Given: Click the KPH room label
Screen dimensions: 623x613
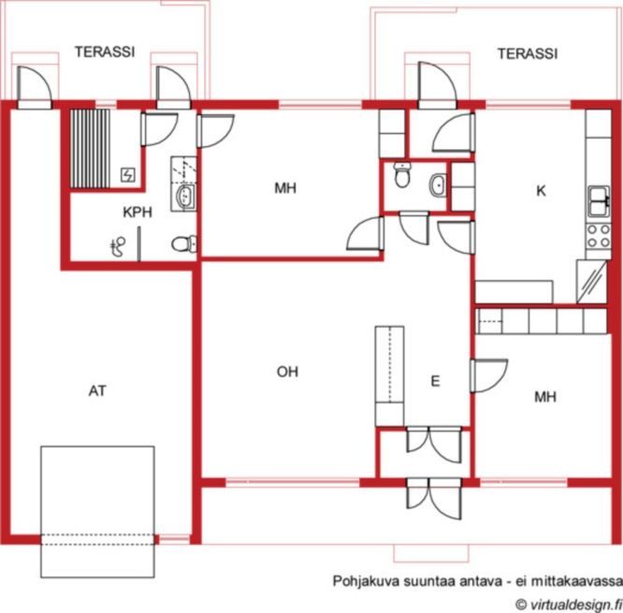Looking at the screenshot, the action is (138, 212).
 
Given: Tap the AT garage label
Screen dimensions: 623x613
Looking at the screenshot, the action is (97, 391).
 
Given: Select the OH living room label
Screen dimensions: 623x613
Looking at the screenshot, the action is (287, 372).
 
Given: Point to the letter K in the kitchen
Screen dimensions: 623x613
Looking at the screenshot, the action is (541, 191).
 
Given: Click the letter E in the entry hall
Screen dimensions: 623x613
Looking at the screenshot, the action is (436, 381).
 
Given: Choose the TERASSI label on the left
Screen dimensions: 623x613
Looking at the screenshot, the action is (105, 52).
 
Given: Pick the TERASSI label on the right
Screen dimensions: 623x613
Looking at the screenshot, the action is (528, 53).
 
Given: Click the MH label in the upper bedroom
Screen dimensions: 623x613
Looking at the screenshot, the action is (285, 187).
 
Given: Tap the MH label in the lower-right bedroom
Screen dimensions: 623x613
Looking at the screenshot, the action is (545, 396).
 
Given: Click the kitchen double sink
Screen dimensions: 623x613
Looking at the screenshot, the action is (600, 201).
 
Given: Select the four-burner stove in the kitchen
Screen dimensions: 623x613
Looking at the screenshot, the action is (599, 236).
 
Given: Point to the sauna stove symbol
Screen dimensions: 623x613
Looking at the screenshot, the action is (128, 175).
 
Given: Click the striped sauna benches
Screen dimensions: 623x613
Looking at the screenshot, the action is (90, 148).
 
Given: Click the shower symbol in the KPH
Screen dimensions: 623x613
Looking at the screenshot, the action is (118, 246).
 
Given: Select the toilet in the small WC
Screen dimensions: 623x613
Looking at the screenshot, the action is (402, 174).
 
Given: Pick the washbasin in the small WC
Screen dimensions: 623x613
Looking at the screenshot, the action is (438, 185).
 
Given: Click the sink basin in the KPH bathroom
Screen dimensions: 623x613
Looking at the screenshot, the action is (185, 196).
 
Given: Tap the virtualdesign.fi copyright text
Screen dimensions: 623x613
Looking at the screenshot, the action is (569, 605).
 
